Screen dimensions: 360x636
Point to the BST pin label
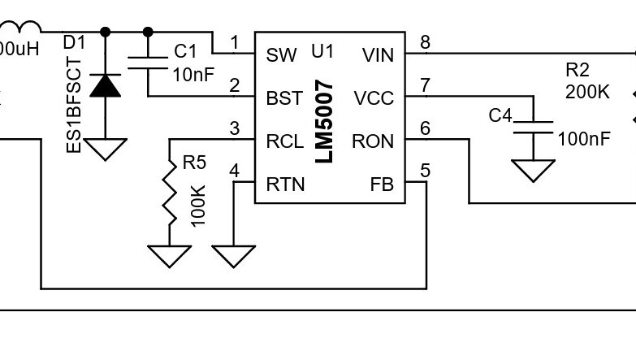point(284,98)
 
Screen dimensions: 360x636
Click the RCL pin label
point(285,141)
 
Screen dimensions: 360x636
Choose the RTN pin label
point(285,184)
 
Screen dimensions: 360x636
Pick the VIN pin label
point(376,55)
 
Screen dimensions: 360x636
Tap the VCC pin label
point(374,98)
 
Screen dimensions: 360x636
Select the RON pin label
point(373,141)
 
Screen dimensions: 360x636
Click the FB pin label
point(381,184)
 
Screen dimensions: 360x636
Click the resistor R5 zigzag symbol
point(170,195)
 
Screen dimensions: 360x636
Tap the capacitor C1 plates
point(148,64)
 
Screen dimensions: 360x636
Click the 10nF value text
point(193,74)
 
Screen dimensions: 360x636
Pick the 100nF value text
point(583,139)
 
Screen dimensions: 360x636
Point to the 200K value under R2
point(586,92)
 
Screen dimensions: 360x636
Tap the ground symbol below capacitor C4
point(534,169)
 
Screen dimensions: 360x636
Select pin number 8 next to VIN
point(425,42)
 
